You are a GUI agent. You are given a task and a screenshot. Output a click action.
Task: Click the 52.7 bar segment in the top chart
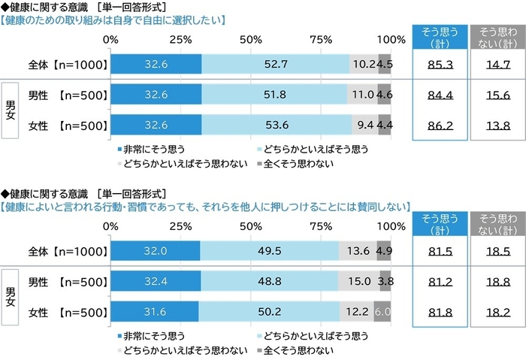pyautogui.click(x=276, y=65)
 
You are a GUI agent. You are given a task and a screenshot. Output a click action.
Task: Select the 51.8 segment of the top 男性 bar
pyautogui.click(x=274, y=95)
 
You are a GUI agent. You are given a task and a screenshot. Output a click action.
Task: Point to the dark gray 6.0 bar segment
pyautogui.click(x=382, y=310)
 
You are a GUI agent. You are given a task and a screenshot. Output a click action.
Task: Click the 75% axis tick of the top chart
pyautogui.click(x=321, y=39)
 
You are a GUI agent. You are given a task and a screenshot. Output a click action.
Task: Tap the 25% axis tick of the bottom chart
pyautogui.click(x=180, y=225)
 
